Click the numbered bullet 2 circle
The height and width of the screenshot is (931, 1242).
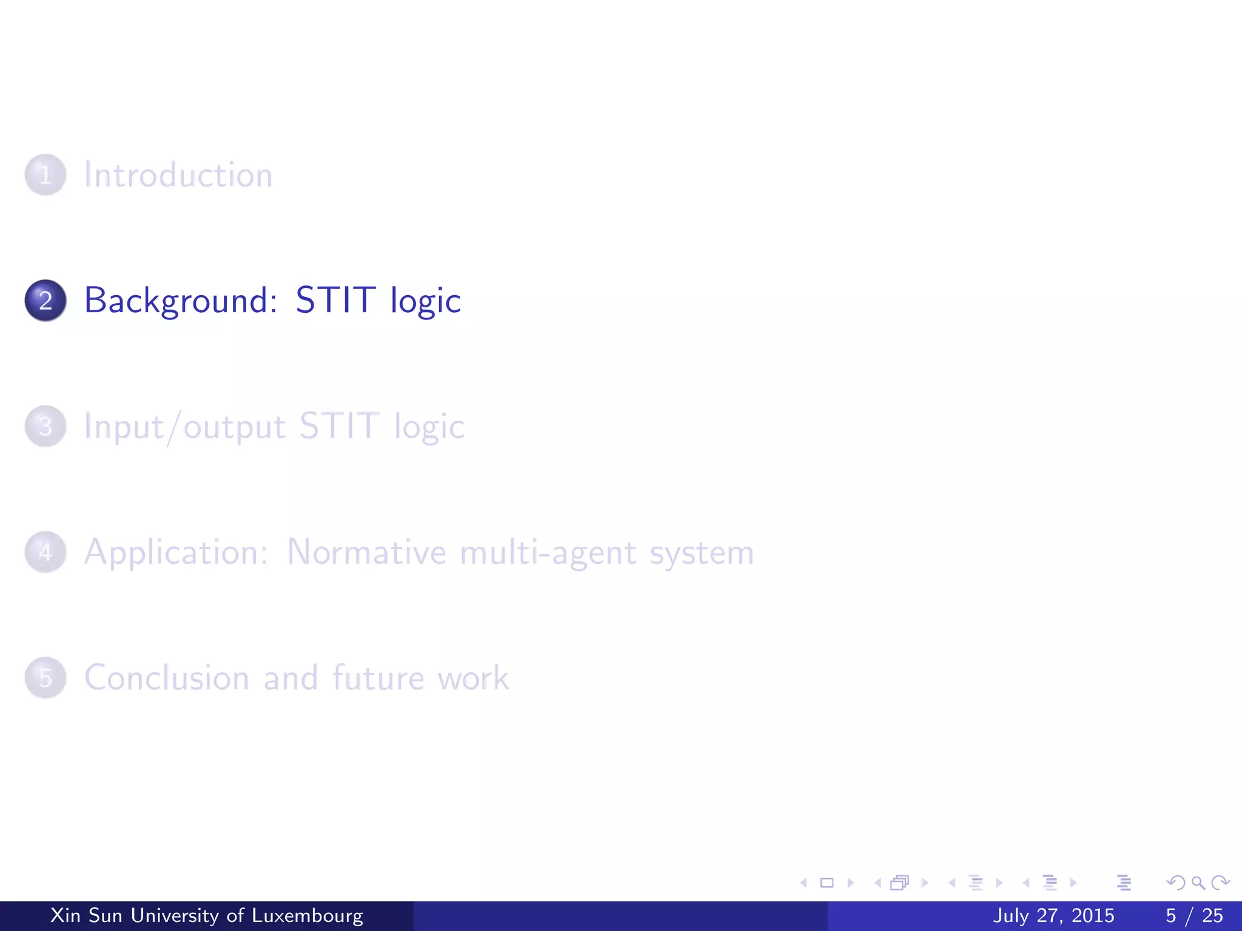click(x=45, y=301)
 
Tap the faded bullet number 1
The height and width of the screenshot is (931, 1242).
click(x=45, y=175)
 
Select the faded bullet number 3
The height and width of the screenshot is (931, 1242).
click(x=45, y=427)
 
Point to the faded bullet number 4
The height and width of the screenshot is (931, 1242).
click(x=45, y=552)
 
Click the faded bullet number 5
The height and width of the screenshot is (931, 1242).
click(x=45, y=678)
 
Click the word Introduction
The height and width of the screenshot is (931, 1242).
click(x=178, y=175)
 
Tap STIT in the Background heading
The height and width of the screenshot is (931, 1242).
click(x=335, y=301)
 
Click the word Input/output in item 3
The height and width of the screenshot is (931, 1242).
click(x=184, y=427)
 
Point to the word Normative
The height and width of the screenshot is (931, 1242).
click(x=367, y=552)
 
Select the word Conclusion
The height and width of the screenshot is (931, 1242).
click(x=167, y=678)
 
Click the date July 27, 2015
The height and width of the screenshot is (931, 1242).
click(x=1053, y=915)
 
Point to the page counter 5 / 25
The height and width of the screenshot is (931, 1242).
click(x=1194, y=915)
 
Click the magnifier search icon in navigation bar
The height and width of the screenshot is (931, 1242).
click(x=1198, y=883)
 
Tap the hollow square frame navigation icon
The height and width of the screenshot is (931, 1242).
click(x=827, y=883)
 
